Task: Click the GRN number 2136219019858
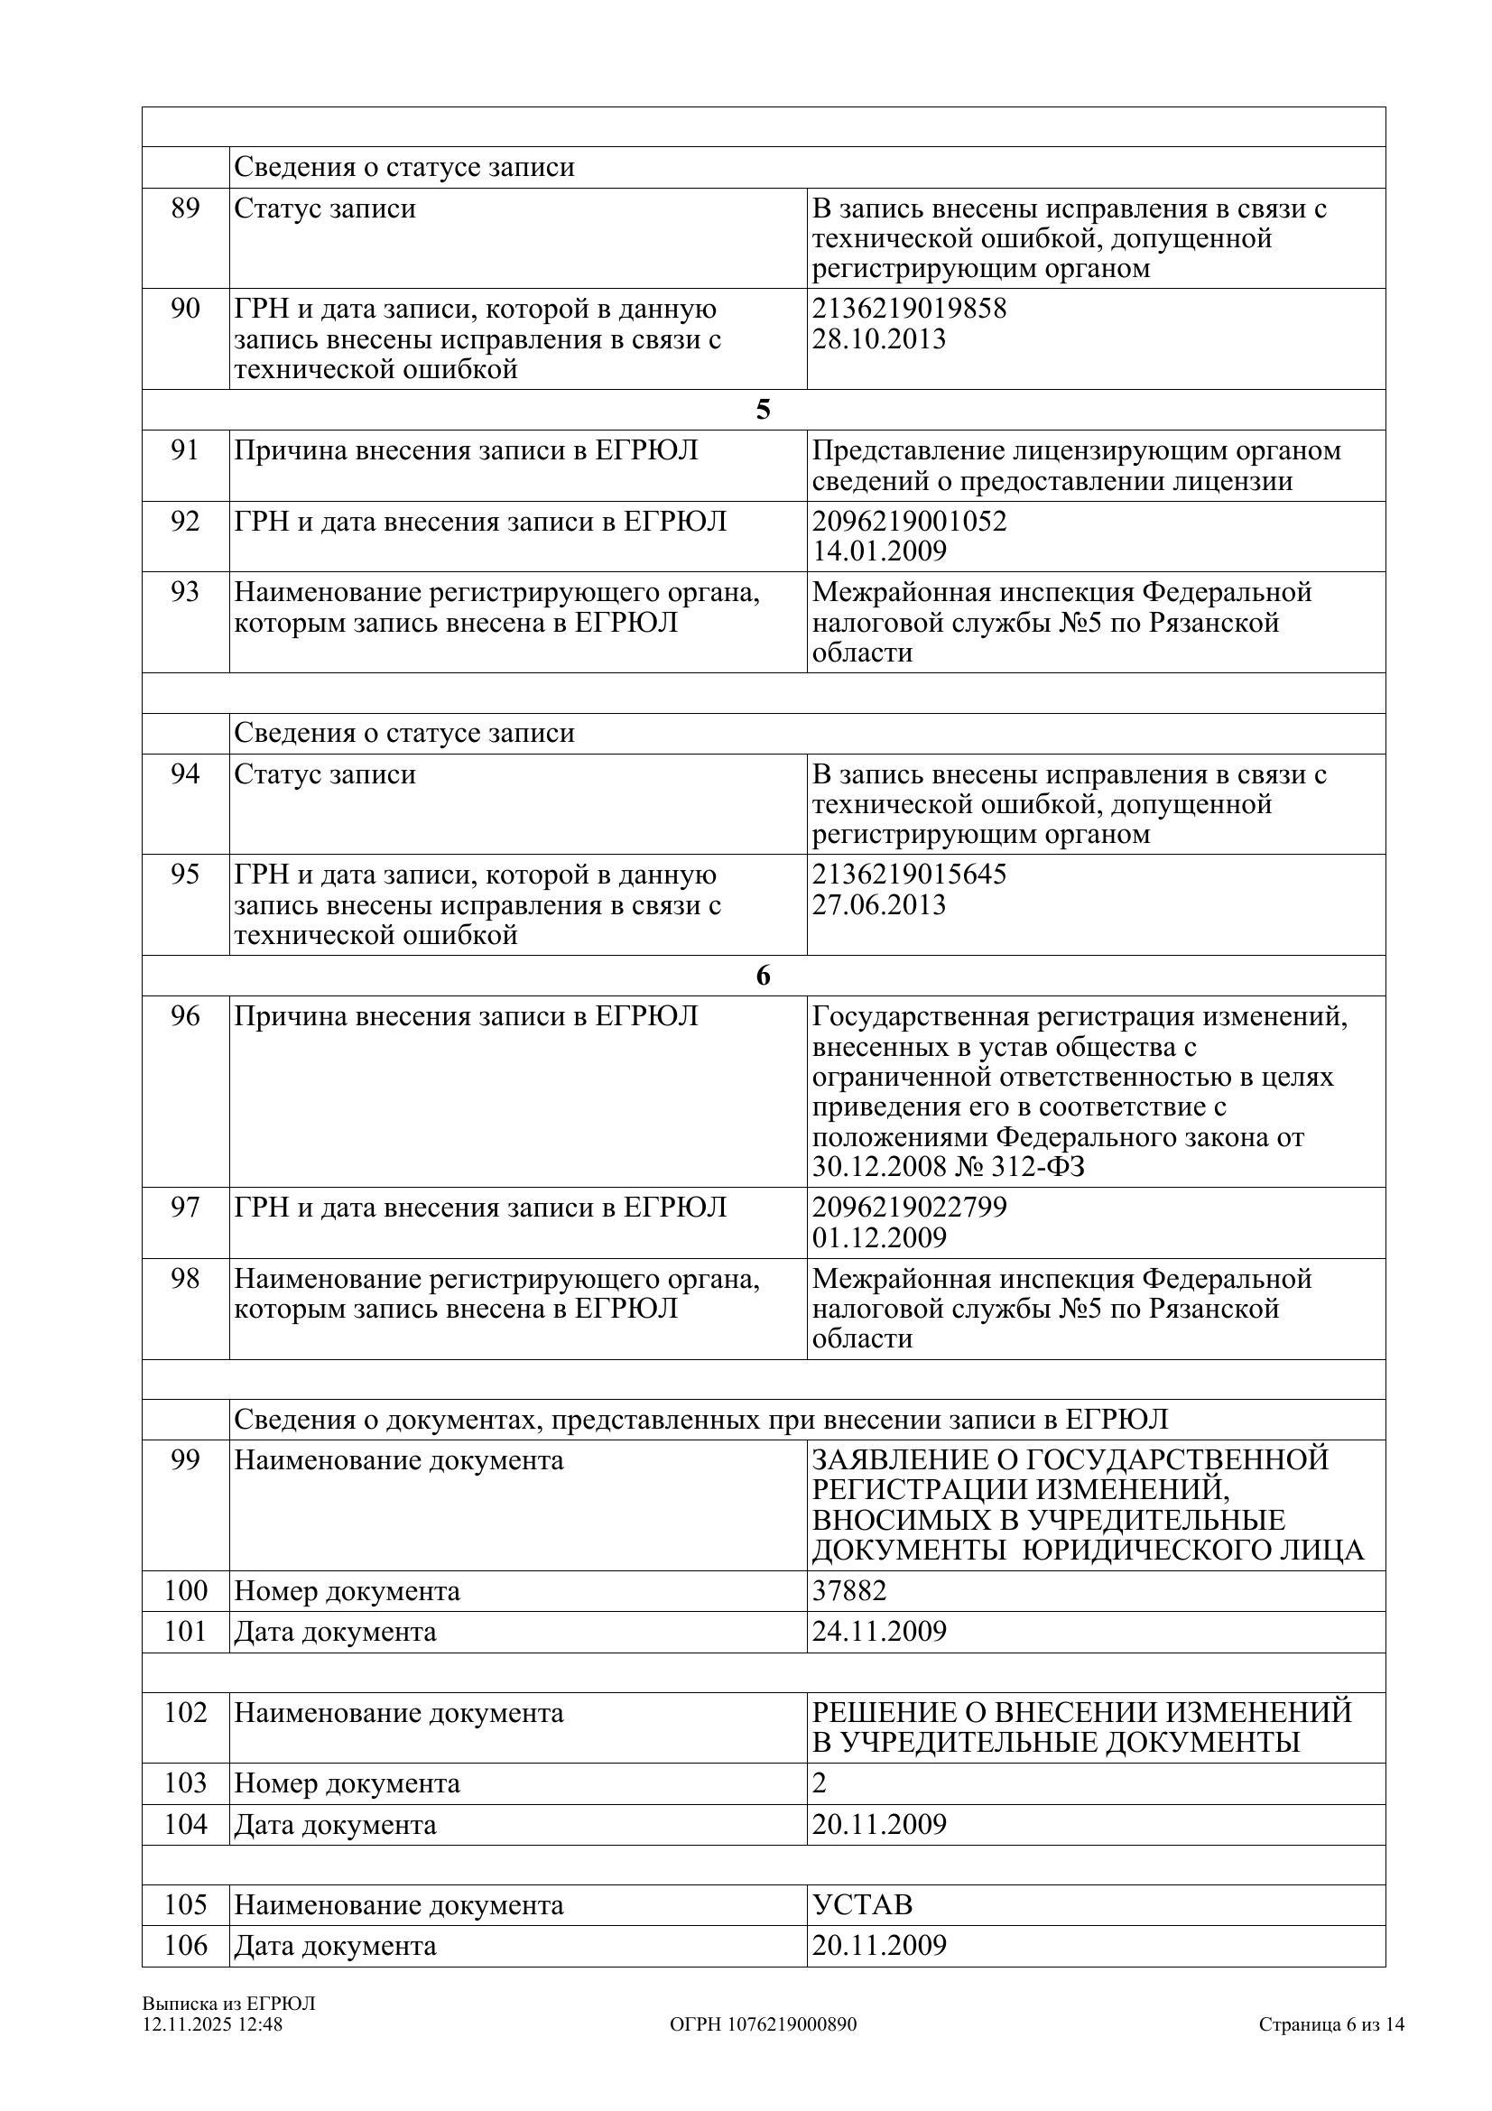908,308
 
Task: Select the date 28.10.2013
878,338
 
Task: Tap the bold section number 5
763,410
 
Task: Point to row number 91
185,450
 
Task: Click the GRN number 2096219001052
908,522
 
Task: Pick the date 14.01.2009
878,551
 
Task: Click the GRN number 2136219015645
908,874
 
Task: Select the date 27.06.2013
878,903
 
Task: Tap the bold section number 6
763,976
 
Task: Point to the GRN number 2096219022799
908,1207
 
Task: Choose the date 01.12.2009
878,1236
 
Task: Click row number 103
185,1782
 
